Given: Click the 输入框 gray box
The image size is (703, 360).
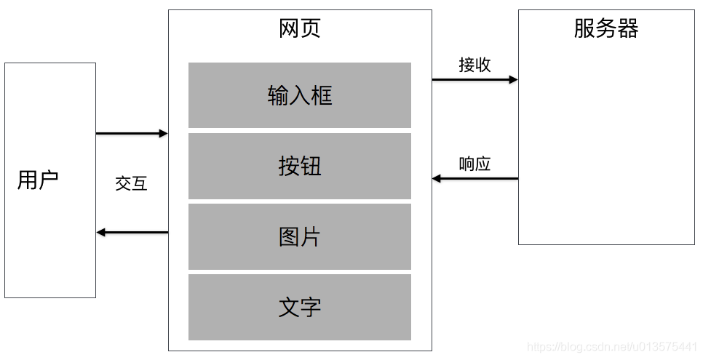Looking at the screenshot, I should tap(299, 95).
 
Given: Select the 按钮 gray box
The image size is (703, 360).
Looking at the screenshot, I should tap(299, 166).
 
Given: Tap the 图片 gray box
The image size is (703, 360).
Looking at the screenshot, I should tap(299, 236).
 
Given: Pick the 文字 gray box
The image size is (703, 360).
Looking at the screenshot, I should tap(299, 307).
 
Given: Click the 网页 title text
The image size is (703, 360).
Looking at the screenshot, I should tap(300, 28).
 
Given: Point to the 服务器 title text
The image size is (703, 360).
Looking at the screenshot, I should tap(606, 28).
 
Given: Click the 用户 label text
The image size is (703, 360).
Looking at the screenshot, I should tap(38, 180).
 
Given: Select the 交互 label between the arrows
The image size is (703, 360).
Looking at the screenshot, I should tap(132, 183).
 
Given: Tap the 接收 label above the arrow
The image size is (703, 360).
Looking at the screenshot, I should tap(474, 65).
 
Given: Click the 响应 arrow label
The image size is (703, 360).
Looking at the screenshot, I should tap(474, 164).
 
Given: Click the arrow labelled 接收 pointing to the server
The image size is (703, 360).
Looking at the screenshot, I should tap(474, 79).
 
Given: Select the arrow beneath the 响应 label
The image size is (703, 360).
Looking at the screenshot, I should tap(474, 178).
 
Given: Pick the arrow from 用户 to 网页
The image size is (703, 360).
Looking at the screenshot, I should tap(132, 134).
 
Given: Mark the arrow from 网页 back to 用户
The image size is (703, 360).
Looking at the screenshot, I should tap(132, 233).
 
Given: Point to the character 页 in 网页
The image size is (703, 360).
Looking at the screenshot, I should tap(311, 28).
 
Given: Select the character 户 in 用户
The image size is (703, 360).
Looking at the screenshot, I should tap(49, 180).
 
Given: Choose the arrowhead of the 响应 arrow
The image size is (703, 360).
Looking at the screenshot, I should tap(437, 178).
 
